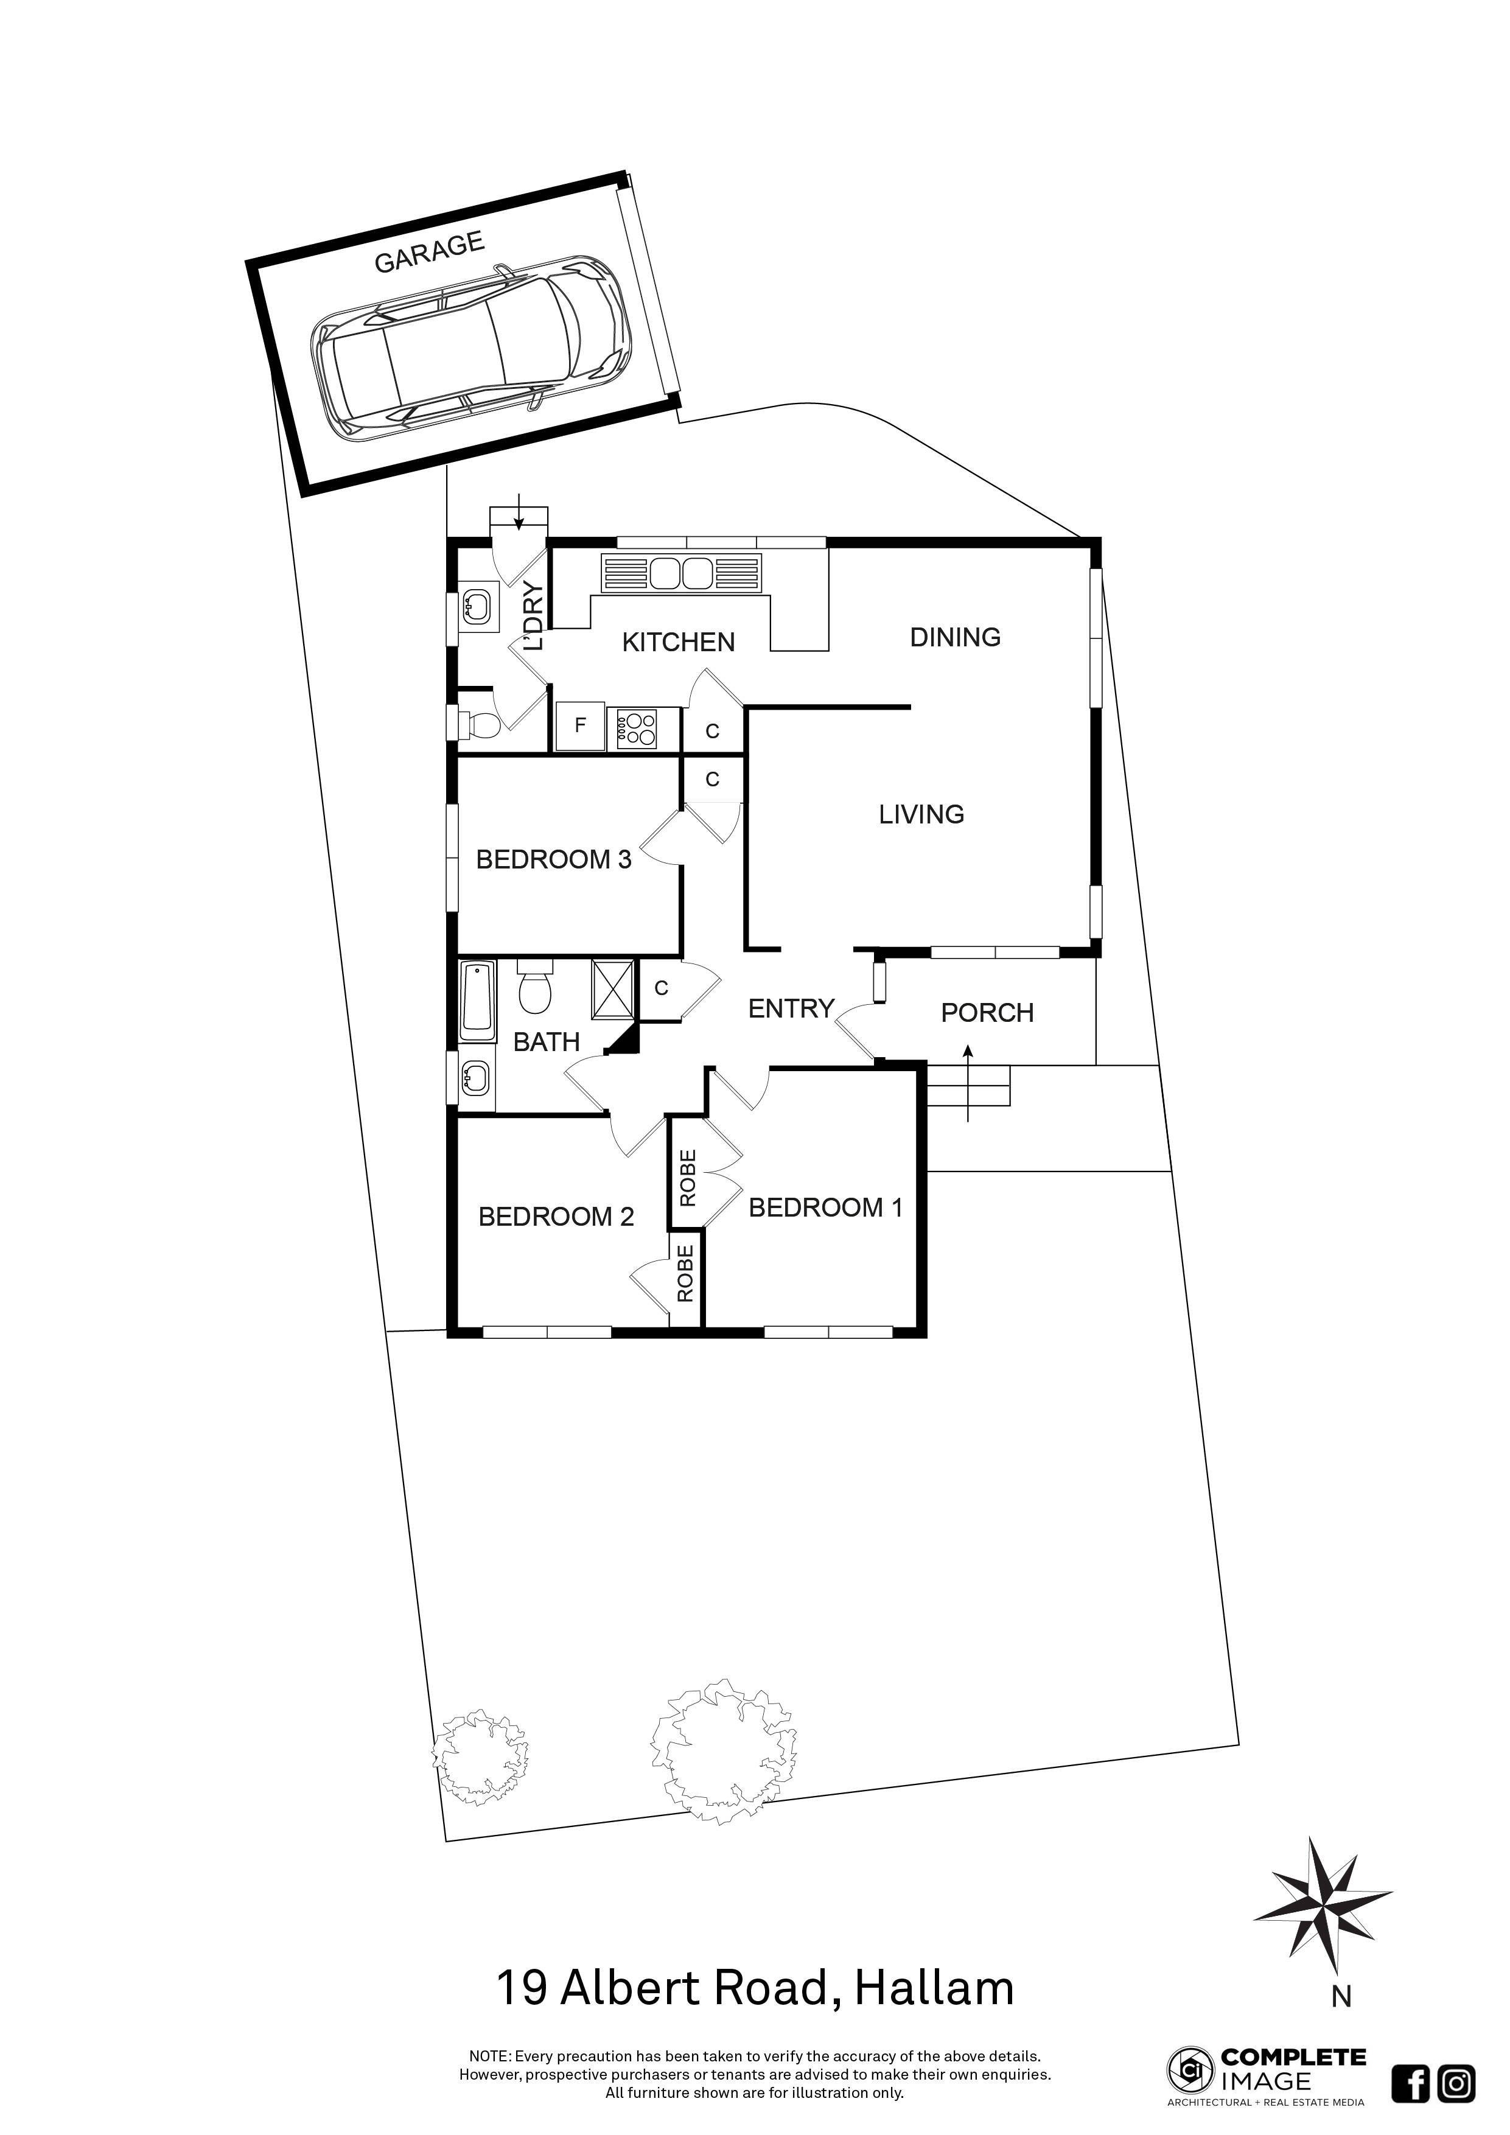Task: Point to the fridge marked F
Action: [x=580, y=725]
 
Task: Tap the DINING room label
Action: [x=955, y=637]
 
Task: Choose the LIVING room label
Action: [x=921, y=814]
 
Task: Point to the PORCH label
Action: [x=987, y=1013]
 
